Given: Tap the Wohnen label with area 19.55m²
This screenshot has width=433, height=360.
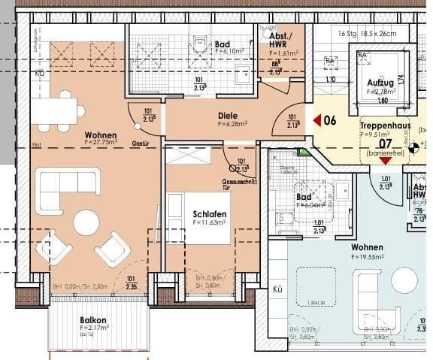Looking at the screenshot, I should click(366, 247).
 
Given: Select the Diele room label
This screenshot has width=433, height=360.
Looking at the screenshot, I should click(229, 115).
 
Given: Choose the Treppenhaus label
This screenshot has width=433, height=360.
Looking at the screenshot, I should click(384, 125).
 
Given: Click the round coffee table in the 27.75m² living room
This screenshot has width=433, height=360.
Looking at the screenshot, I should click(86, 222).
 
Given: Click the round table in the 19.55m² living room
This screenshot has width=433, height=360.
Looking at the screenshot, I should click(404, 280).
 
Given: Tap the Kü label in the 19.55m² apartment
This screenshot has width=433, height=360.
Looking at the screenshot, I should click(277, 288).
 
